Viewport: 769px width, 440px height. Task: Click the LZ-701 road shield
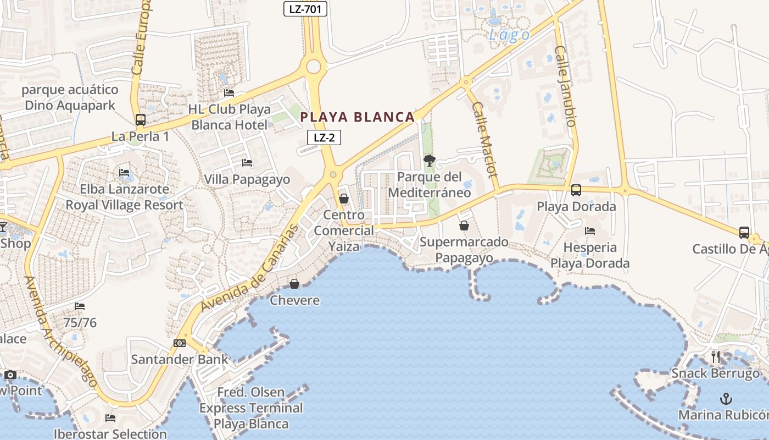(x=305, y=9)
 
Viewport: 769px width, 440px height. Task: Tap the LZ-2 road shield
(x=324, y=137)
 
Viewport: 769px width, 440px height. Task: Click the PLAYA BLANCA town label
(x=358, y=117)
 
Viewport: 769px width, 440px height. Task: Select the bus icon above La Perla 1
(x=141, y=119)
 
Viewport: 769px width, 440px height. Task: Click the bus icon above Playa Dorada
(x=576, y=190)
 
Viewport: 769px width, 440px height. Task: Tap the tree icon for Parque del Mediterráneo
(x=430, y=161)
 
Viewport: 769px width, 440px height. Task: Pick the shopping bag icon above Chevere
(x=294, y=284)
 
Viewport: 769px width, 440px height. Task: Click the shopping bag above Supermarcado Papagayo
(x=464, y=226)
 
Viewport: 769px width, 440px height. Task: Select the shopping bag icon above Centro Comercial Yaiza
(x=344, y=199)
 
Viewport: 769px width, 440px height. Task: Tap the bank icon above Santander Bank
(x=180, y=343)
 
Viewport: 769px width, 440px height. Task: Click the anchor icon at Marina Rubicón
(x=726, y=398)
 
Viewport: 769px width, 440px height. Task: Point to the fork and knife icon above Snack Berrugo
(x=715, y=357)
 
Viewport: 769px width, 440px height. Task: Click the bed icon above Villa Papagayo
(x=247, y=163)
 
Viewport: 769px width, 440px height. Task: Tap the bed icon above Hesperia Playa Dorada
(x=590, y=231)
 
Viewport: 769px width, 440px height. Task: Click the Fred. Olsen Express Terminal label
(x=251, y=408)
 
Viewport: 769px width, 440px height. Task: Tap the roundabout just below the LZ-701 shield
(x=314, y=67)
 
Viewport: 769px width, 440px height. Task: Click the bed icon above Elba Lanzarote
(x=124, y=173)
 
